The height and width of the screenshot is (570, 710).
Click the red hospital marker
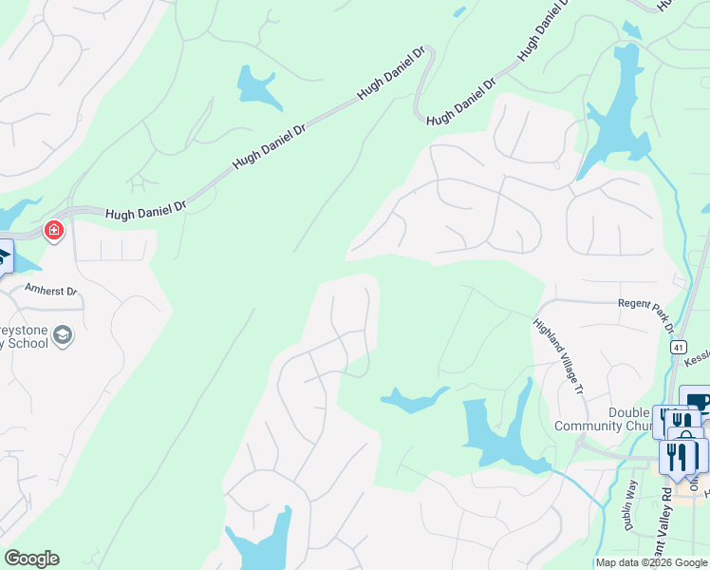pyautogui.click(x=54, y=230)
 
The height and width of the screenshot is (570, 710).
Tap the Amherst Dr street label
pyautogui.click(x=51, y=291)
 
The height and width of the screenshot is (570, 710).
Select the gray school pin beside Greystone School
pyautogui.click(x=63, y=334)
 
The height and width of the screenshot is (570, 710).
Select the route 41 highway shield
pyautogui.click(x=678, y=348)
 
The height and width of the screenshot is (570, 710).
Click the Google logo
pyautogui.click(x=31, y=559)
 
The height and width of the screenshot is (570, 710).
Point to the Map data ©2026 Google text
pyautogui.click(x=650, y=562)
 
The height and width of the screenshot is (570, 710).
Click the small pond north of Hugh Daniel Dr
pyautogui.click(x=256, y=88)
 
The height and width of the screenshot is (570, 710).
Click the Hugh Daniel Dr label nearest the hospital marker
pyautogui.click(x=146, y=208)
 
